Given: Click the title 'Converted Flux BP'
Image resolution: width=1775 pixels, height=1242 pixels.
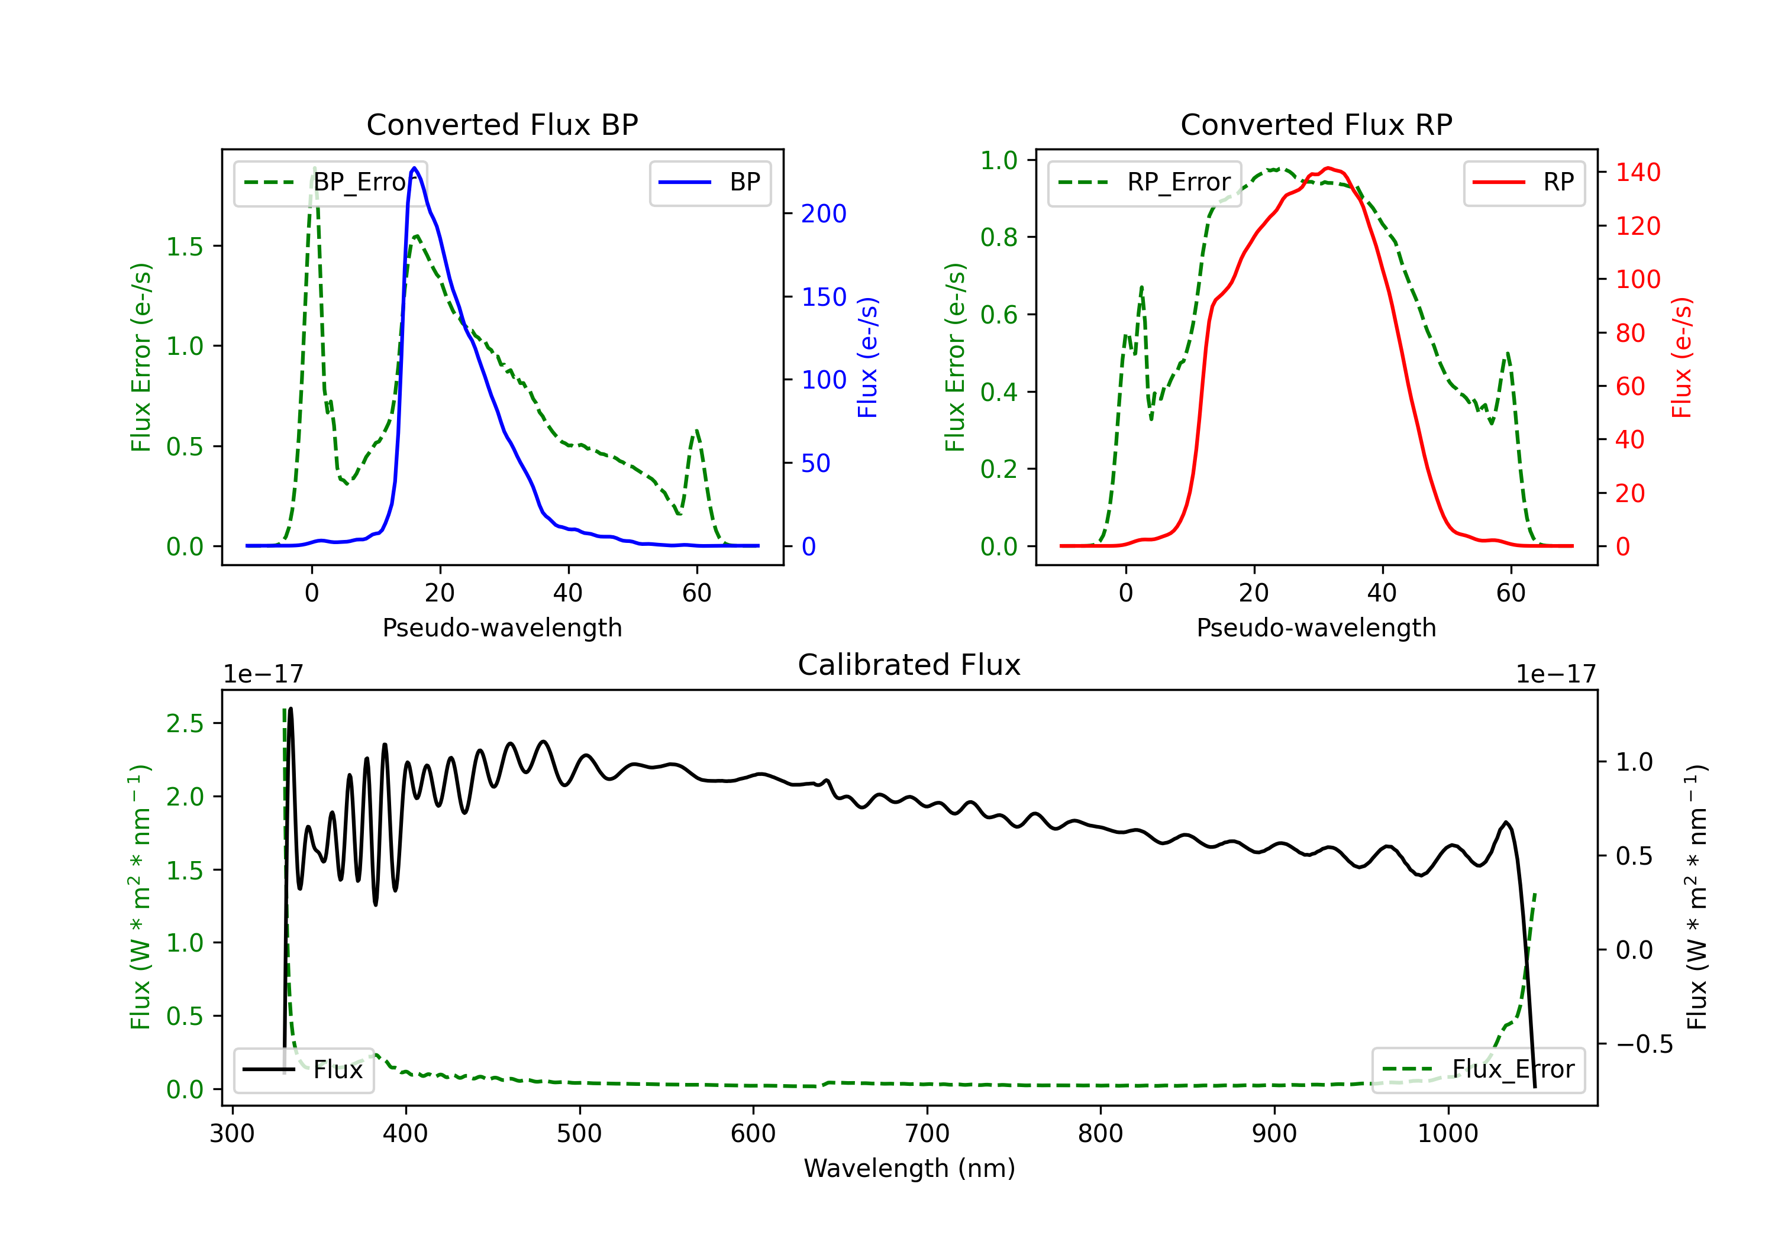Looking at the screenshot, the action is click(502, 124).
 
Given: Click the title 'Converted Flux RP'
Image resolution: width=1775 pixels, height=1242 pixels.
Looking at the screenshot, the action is click(1316, 124).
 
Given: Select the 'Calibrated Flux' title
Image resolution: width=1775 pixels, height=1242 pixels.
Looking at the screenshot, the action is click(909, 665).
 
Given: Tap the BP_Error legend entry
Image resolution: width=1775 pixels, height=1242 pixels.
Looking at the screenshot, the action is click(331, 182).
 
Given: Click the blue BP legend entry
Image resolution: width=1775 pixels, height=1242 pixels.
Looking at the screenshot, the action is click(709, 182).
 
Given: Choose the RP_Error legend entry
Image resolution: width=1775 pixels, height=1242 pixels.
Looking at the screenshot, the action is click(1144, 182).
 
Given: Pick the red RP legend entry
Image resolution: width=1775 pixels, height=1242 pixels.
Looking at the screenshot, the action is click(1524, 182).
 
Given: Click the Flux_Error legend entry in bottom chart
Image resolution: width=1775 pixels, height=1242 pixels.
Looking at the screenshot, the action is click(1478, 1070).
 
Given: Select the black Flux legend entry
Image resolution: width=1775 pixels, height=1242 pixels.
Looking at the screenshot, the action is click(303, 1070).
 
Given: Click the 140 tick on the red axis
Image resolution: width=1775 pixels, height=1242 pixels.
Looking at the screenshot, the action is click(1637, 172).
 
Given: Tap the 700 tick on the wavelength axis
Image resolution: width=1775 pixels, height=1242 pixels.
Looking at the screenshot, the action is click(927, 1134).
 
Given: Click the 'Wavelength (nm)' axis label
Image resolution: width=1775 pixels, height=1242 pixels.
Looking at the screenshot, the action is click(909, 1168).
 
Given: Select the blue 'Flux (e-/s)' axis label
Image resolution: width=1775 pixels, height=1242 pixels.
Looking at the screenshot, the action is click(868, 358).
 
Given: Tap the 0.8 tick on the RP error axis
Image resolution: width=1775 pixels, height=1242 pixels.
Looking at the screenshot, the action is click(999, 237).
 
